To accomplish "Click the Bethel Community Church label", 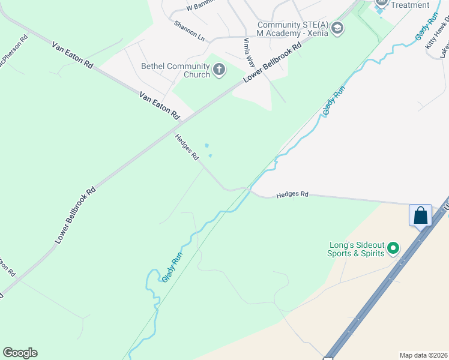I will pyautogui.click(x=175, y=70).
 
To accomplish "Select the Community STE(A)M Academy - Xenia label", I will pyautogui.click(x=294, y=29).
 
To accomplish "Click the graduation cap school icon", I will pyautogui.click(x=338, y=28).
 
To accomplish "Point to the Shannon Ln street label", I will pyautogui.click(x=189, y=31).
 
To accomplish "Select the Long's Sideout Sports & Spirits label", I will pyautogui.click(x=355, y=249).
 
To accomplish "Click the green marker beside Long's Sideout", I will pyautogui.click(x=393, y=247).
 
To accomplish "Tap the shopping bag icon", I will pyautogui.click(x=420, y=215).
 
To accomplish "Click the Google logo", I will pyautogui.click(x=20, y=353).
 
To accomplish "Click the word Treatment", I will pyautogui.click(x=410, y=5).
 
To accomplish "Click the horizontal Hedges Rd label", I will pyautogui.click(x=292, y=195).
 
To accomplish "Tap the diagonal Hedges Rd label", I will pyautogui.click(x=187, y=147).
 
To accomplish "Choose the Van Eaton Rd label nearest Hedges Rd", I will pyautogui.click(x=160, y=104).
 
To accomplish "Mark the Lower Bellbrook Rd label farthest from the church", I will pyautogui.click(x=75, y=215).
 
